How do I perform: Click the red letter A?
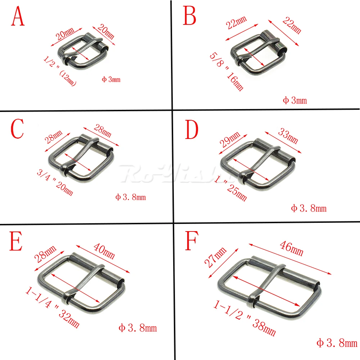click(x=18, y=17)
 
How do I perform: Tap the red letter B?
click(x=190, y=16)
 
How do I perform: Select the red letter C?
click(x=17, y=130)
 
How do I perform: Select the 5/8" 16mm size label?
click(x=226, y=72)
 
